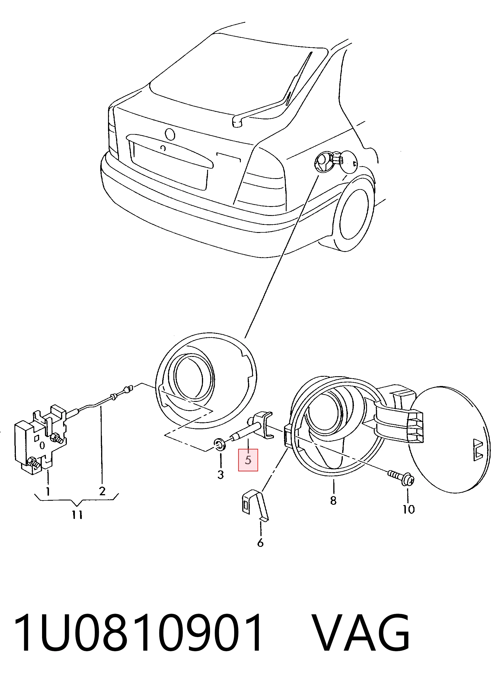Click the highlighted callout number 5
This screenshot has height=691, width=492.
[248, 460]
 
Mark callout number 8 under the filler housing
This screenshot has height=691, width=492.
[333, 500]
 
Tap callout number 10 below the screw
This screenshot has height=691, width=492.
[408, 509]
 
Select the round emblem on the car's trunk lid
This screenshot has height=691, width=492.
[170, 134]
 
